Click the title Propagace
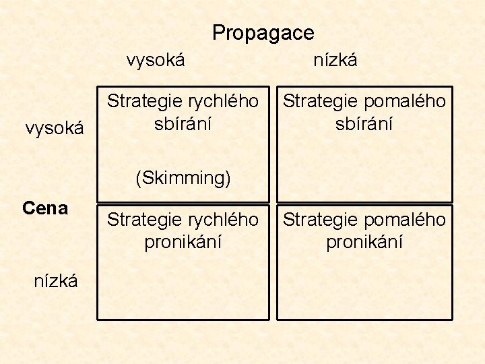263,32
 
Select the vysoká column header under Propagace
156,60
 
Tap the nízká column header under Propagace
335,60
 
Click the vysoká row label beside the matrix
55,127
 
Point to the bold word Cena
45,208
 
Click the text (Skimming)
183,178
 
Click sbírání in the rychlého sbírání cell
183,124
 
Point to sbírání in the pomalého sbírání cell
364,124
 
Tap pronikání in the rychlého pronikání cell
183,242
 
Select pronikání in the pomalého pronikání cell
364,242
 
